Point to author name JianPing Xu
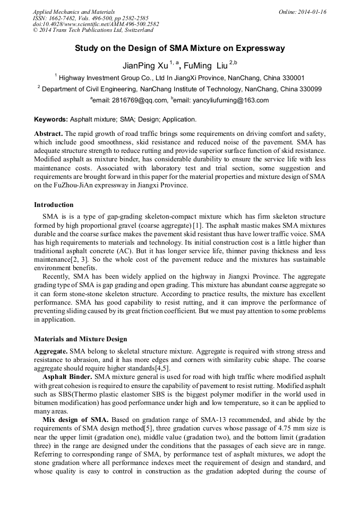[145, 66]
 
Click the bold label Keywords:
[51, 119]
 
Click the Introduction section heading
[54, 205]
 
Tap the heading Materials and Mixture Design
[80, 339]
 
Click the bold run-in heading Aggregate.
[50, 352]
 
